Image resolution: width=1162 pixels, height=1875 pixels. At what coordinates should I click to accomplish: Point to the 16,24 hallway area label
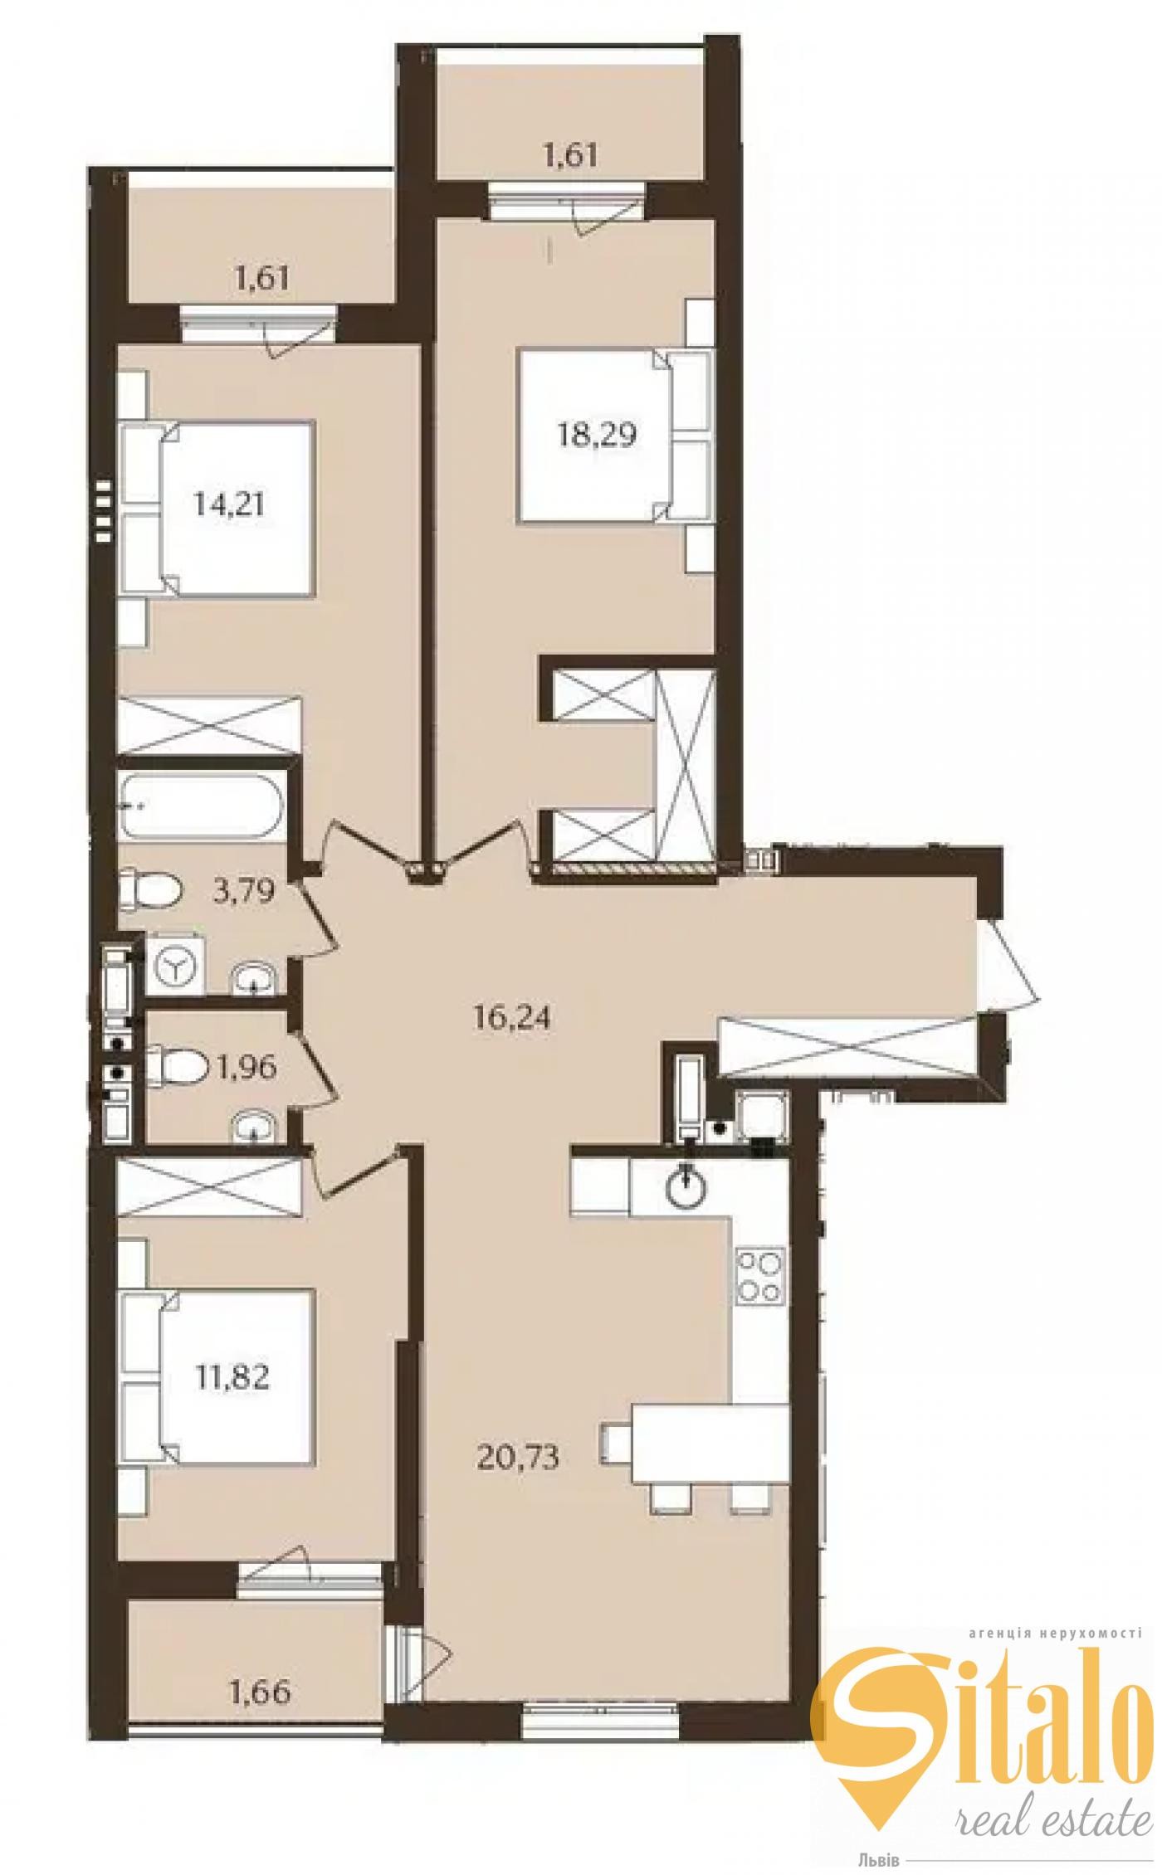(511, 1018)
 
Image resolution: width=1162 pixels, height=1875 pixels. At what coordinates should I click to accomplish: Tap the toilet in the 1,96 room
(176, 1066)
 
